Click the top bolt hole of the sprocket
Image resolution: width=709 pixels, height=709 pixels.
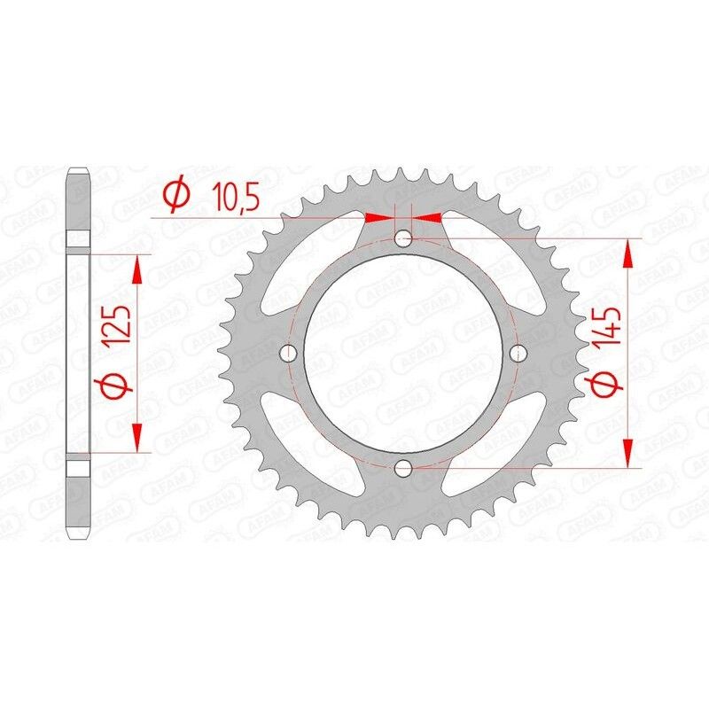(x=403, y=238)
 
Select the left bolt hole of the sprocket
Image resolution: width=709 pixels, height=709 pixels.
(x=287, y=354)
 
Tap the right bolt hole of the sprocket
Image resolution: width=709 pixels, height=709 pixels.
(x=518, y=354)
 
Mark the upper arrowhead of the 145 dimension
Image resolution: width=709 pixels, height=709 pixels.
(x=630, y=253)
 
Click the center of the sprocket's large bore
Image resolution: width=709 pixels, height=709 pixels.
(x=403, y=353)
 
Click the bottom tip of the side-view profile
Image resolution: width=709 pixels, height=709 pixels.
(x=79, y=538)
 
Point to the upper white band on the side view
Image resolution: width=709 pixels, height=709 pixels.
(x=79, y=240)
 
